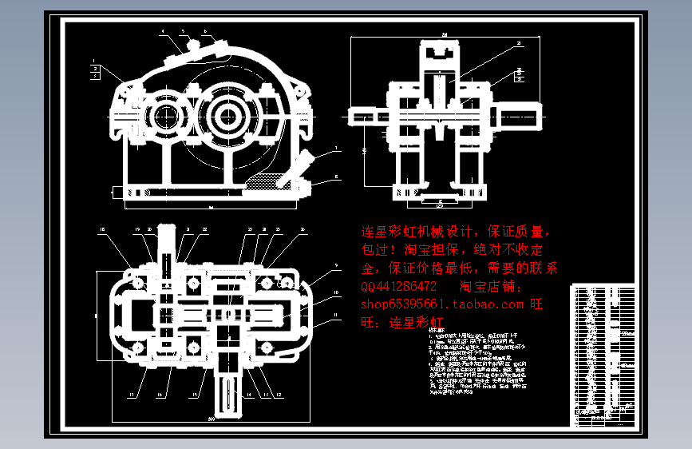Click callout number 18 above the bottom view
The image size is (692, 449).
(102, 231)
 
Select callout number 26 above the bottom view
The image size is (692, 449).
(303, 230)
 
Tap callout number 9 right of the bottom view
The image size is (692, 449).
(336, 265)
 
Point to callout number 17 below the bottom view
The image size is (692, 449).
(130, 394)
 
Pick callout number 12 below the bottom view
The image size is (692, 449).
(279, 394)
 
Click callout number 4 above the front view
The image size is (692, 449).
(162, 32)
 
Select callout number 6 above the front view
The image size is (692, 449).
(205, 32)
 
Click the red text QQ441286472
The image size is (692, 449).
(399, 286)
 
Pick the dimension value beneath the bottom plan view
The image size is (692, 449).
(212, 419)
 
